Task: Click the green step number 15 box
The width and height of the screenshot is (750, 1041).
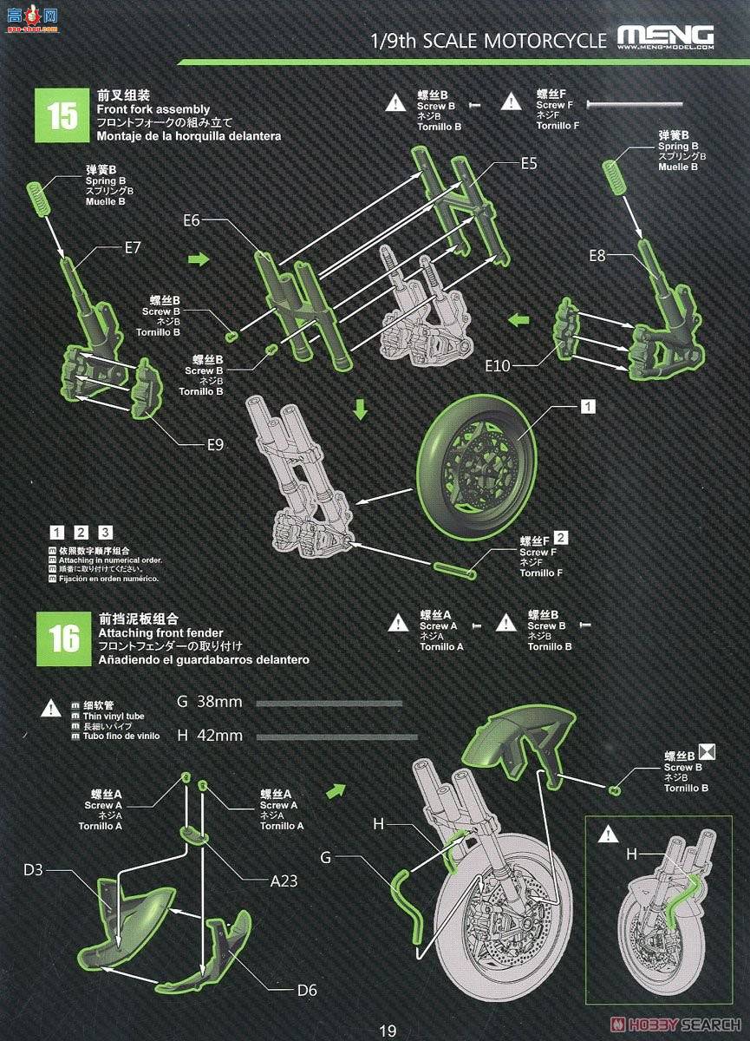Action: coord(62,116)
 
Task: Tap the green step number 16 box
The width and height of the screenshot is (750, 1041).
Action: coord(62,638)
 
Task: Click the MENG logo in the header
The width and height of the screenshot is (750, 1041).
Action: coord(665,36)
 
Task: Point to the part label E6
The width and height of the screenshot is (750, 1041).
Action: coord(192,221)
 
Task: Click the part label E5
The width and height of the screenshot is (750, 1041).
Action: coord(529,162)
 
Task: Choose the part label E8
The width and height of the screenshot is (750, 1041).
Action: coord(597,255)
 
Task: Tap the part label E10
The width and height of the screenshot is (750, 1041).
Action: coord(498,366)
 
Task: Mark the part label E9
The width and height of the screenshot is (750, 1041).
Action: coord(215,445)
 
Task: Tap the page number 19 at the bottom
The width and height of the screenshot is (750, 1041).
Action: coord(387,1031)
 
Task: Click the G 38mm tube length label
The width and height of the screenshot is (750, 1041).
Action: coord(209,701)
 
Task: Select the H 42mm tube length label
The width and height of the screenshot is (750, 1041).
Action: coord(209,735)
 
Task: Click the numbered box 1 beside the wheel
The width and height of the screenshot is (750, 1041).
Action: coord(587,406)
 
